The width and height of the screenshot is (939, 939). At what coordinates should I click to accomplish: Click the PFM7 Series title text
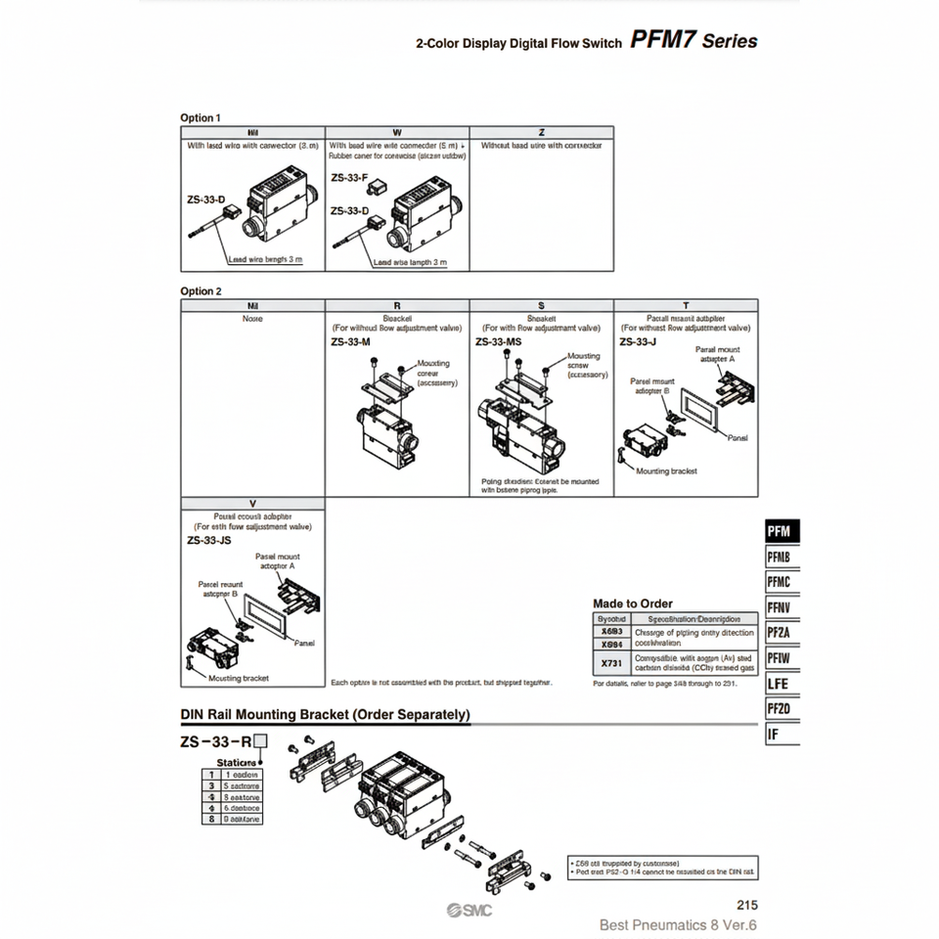[x=693, y=41]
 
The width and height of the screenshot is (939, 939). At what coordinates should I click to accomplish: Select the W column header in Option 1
[x=397, y=132]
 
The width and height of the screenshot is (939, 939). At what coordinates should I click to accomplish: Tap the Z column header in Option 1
[x=542, y=132]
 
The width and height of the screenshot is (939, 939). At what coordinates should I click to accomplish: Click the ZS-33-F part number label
[x=349, y=178]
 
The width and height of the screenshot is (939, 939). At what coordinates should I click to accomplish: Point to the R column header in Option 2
[x=397, y=305]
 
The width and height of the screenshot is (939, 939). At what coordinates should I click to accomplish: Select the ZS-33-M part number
[x=350, y=342]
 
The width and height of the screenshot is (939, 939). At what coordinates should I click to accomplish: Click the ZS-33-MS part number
[x=498, y=342]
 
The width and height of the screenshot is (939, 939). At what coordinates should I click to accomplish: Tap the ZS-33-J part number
[x=638, y=342]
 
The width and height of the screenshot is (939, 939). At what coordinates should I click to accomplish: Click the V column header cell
[x=253, y=504]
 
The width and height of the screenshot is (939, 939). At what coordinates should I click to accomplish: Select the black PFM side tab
[x=781, y=531]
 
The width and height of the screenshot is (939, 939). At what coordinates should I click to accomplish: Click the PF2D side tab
[x=781, y=709]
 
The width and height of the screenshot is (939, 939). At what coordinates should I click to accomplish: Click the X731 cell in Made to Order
[x=611, y=663]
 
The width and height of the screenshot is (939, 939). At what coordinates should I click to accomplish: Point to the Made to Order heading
[x=633, y=604]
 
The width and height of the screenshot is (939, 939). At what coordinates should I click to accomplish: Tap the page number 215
[x=745, y=906]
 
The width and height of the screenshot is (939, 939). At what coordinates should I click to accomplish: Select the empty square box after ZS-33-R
[x=260, y=741]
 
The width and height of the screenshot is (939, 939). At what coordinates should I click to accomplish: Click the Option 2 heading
[x=201, y=291]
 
